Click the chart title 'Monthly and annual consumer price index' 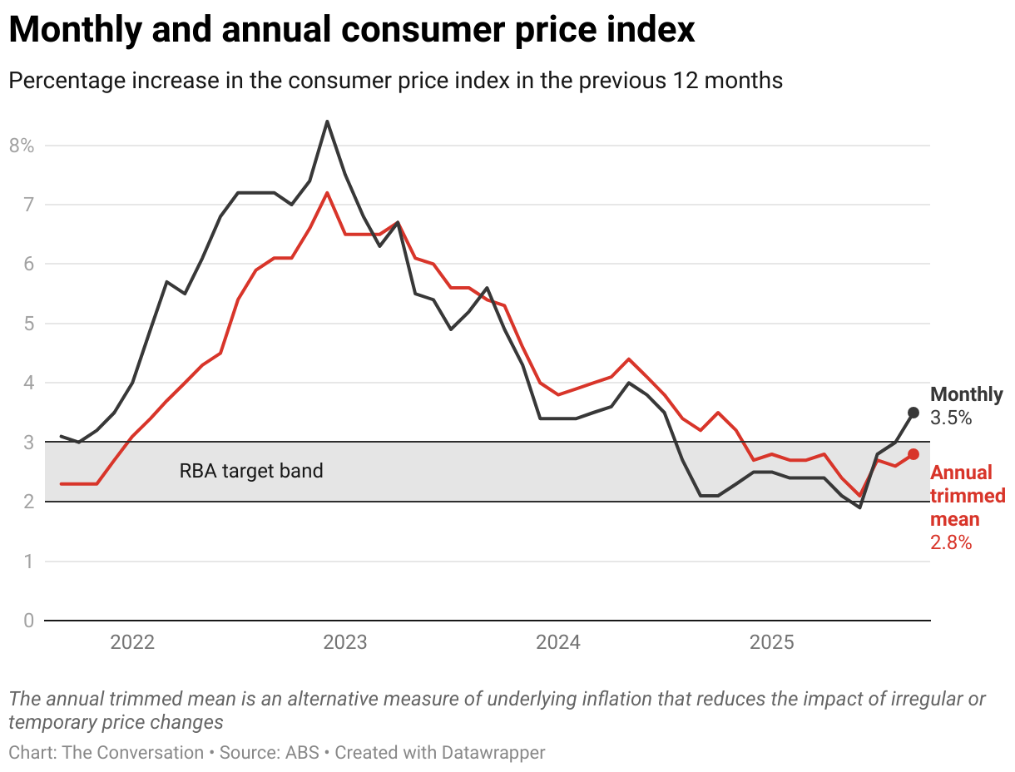pyautogui.click(x=351, y=31)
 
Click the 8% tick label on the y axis pyautogui.click(x=22, y=146)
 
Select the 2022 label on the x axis pyautogui.click(x=132, y=643)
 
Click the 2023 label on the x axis pyautogui.click(x=345, y=643)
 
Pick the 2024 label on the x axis pyautogui.click(x=558, y=643)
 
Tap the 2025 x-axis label pyautogui.click(x=772, y=643)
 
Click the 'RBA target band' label pyautogui.click(x=251, y=471)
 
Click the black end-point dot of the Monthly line pyautogui.click(x=913, y=413)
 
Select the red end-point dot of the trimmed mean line pyautogui.click(x=913, y=454)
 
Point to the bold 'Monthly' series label pyautogui.click(x=966, y=394)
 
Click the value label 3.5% pyautogui.click(x=951, y=418)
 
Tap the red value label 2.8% pyautogui.click(x=951, y=542)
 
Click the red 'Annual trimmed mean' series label pyautogui.click(x=967, y=496)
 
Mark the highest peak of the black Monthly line pyautogui.click(x=327, y=121)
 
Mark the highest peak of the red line pyautogui.click(x=327, y=193)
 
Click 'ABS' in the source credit pyautogui.click(x=302, y=753)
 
